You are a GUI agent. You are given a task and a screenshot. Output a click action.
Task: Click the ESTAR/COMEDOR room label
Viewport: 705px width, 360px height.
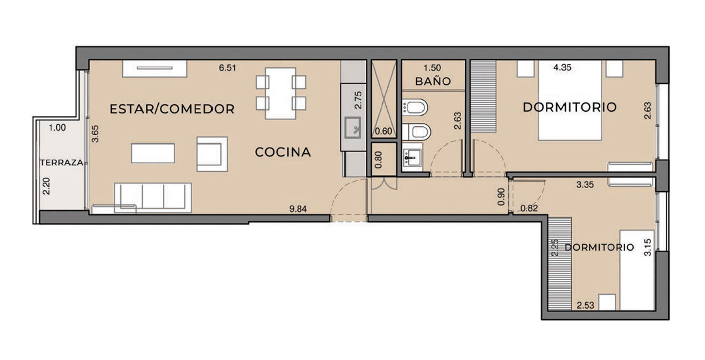point(172,109)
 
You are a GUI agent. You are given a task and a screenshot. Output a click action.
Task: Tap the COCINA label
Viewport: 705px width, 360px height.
point(283,152)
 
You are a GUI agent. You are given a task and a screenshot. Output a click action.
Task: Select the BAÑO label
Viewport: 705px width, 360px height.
point(433,81)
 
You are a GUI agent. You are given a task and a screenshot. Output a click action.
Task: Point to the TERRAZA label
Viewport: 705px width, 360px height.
point(61,162)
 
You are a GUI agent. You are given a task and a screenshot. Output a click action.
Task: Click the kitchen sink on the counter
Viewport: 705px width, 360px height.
point(353,128)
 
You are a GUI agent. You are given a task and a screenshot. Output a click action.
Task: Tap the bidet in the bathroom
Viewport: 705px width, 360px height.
point(414,107)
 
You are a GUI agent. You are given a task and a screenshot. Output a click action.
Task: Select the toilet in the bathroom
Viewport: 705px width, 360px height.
point(416,131)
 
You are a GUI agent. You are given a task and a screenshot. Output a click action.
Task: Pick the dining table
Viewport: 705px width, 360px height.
point(280,94)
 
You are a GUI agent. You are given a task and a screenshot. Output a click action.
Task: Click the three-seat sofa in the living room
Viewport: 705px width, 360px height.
point(153,198)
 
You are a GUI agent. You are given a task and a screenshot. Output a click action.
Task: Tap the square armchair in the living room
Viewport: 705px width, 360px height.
point(212,154)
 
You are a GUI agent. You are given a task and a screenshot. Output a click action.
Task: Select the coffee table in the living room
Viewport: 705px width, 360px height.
point(153,153)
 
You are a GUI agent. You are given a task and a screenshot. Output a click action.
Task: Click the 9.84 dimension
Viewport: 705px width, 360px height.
point(298,209)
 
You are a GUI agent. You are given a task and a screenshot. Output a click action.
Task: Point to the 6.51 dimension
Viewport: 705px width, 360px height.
point(227,68)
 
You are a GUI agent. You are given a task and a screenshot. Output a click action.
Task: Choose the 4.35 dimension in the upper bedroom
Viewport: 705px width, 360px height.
point(562,67)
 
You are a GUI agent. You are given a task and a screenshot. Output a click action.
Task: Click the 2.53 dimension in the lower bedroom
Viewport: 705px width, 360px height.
point(585,305)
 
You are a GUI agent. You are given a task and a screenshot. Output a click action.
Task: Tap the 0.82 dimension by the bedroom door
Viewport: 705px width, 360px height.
point(529,208)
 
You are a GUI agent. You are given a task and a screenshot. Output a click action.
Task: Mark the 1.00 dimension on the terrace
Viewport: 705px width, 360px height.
point(57,128)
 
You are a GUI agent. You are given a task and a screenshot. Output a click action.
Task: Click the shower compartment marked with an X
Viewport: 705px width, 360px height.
point(384,99)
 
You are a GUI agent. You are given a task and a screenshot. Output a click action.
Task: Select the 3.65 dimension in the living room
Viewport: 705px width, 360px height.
point(95,134)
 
